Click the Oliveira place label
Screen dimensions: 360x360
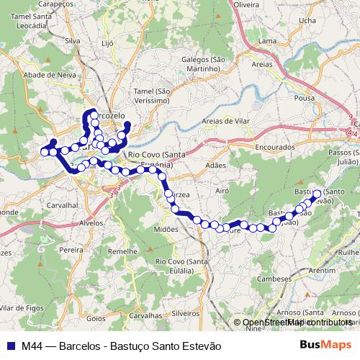coord(246,4)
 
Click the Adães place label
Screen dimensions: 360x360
coord(215,165)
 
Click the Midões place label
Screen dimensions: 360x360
coord(166,228)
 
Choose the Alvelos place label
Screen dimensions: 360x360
coord(92,223)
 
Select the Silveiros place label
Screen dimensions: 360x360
coord(185,313)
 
